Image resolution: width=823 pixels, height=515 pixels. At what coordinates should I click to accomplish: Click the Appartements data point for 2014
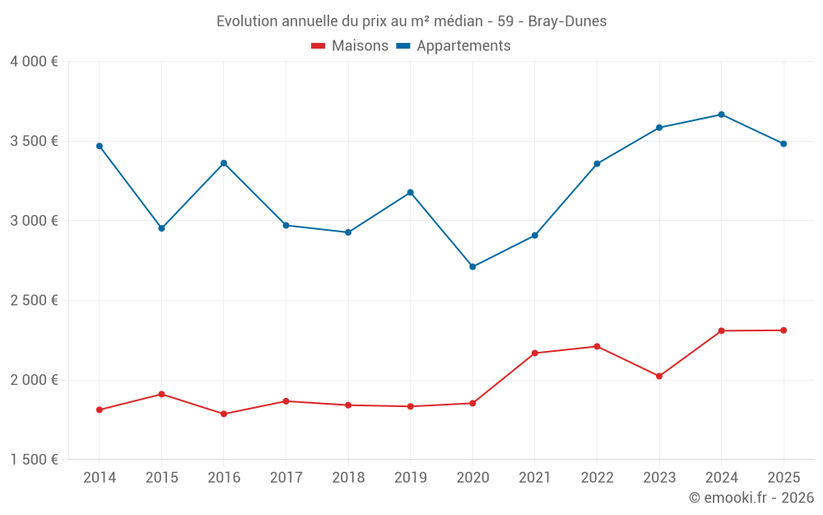pyautogui.click(x=100, y=146)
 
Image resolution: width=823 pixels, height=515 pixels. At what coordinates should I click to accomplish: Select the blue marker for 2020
pyautogui.click(x=472, y=267)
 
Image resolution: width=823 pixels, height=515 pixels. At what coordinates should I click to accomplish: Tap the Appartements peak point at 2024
pyautogui.click(x=722, y=115)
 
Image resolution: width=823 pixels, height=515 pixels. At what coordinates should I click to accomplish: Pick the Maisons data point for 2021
pyautogui.click(x=535, y=353)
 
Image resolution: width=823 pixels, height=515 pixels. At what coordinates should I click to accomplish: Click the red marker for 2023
pyautogui.click(x=659, y=376)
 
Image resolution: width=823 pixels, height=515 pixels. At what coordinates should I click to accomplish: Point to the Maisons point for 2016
pyautogui.click(x=224, y=414)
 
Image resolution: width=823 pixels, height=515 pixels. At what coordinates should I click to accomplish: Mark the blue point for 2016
pyautogui.click(x=224, y=163)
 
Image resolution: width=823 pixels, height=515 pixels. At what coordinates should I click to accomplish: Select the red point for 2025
pyautogui.click(x=783, y=330)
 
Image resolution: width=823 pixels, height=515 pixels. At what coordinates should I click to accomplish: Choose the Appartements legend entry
pyautogui.click(x=453, y=46)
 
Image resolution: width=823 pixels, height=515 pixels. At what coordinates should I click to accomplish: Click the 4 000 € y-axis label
pyautogui.click(x=35, y=62)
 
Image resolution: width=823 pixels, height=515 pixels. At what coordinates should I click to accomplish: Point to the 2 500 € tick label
pyautogui.click(x=35, y=301)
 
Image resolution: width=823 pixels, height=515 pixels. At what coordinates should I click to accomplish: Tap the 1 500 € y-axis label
pyautogui.click(x=35, y=460)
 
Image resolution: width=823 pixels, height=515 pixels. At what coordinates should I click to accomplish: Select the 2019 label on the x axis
pyautogui.click(x=410, y=477)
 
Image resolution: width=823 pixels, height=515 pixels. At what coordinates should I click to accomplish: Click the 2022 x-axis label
pyautogui.click(x=597, y=477)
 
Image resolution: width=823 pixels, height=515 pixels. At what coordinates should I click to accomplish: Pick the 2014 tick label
pyautogui.click(x=100, y=477)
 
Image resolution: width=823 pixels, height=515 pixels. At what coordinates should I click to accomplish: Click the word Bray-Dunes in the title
pyautogui.click(x=569, y=21)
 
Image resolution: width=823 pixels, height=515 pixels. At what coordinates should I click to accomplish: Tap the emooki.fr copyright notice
pyautogui.click(x=751, y=498)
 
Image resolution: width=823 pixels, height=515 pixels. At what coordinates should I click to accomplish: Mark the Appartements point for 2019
pyautogui.click(x=410, y=193)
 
